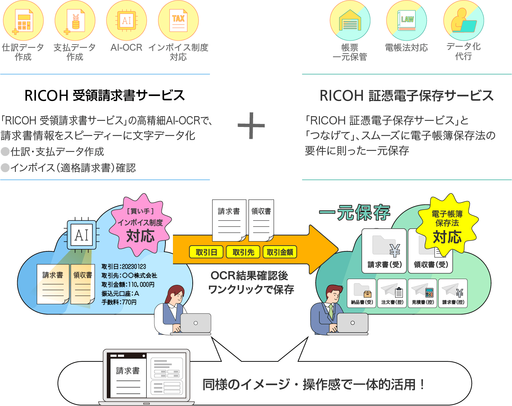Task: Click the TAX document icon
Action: tap(178, 20)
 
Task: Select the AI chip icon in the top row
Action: tap(127, 20)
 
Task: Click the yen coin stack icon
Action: tap(75, 21)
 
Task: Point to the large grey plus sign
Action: tap(252, 126)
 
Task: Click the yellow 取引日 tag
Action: tap(206, 252)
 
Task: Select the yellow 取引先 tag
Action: tap(243, 252)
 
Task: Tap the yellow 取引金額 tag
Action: tap(280, 252)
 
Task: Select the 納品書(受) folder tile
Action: tap(362, 293)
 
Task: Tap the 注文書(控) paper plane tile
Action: tap(392, 293)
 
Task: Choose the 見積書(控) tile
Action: tap(422, 293)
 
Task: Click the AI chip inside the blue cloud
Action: tap(82, 235)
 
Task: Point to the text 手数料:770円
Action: tap(119, 302)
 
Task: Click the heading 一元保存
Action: tap(355, 213)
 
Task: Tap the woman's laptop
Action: tap(196, 323)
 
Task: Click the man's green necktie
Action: tap(331, 311)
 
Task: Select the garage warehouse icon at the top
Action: tap(350, 20)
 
